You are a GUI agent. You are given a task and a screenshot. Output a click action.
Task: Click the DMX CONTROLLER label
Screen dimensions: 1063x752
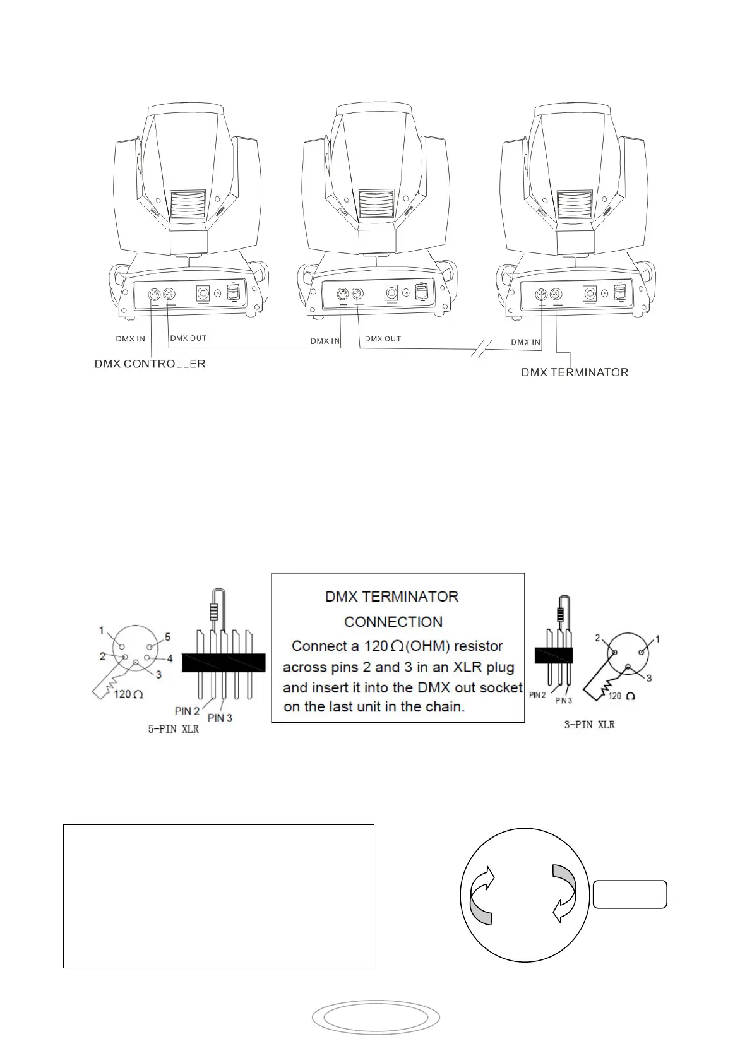pyautogui.click(x=150, y=364)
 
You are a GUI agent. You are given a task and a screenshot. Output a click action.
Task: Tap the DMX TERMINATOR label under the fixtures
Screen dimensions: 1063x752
pyautogui.click(x=575, y=372)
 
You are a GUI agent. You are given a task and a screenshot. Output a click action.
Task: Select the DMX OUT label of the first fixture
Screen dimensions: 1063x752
pyautogui.click(x=188, y=338)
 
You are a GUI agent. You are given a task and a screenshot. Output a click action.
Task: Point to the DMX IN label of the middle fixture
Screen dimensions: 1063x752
pyautogui.click(x=325, y=341)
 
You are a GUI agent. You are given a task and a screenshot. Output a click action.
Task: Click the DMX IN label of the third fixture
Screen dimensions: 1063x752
pyautogui.click(x=525, y=342)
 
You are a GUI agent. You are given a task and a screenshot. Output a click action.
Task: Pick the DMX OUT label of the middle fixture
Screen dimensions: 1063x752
pyautogui.click(x=383, y=339)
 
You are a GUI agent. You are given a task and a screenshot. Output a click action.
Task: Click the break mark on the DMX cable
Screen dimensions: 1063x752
pyautogui.click(x=481, y=348)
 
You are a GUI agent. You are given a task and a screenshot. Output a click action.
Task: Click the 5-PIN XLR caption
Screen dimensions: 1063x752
pyautogui.click(x=173, y=729)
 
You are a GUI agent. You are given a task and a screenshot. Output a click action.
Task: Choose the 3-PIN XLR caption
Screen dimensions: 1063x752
pyautogui.click(x=589, y=725)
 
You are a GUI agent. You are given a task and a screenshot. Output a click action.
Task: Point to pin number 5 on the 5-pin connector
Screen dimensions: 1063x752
pyautogui.click(x=167, y=638)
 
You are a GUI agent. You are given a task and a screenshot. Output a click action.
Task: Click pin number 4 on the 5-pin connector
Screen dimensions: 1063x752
pyautogui.click(x=169, y=658)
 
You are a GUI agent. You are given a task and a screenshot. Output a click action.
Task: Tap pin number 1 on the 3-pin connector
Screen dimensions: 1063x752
pyautogui.click(x=657, y=639)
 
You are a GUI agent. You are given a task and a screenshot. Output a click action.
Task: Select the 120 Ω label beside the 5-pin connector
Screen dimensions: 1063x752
pyautogui.click(x=129, y=694)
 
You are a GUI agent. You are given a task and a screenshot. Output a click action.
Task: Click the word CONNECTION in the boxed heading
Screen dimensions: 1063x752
pyautogui.click(x=393, y=622)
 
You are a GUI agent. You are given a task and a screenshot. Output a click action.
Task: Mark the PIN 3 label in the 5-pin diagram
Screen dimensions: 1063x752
pyautogui.click(x=220, y=718)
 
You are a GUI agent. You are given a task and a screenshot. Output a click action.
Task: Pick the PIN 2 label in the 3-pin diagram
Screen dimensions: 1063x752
pyautogui.click(x=537, y=695)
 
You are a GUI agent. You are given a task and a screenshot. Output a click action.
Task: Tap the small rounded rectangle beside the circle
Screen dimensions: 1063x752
pyautogui.click(x=630, y=894)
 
